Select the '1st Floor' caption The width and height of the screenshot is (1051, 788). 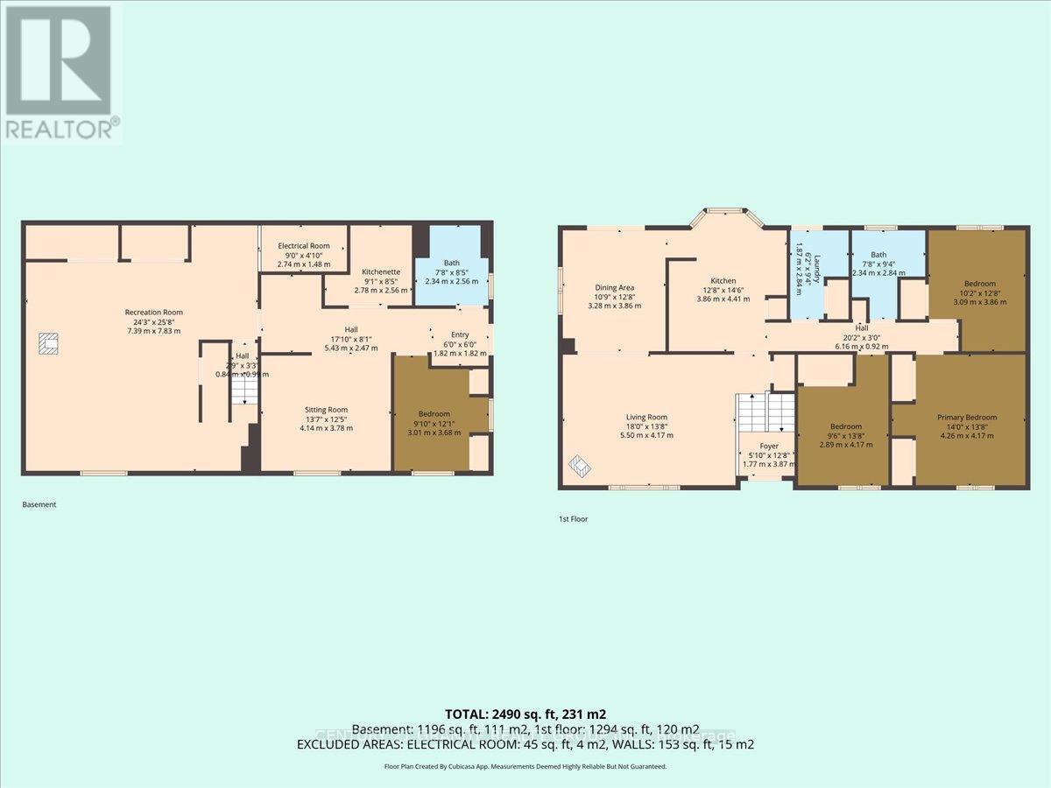[574, 519]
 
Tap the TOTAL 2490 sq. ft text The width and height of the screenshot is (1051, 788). [525, 714]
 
